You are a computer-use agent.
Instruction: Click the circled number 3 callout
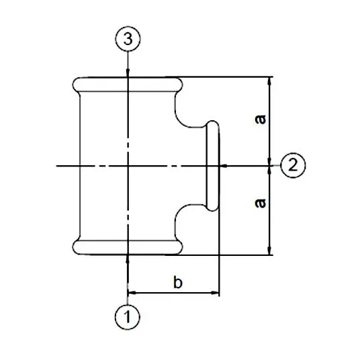point(128,39)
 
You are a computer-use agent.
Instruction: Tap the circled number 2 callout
point(294,165)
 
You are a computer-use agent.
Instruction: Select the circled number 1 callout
point(128,317)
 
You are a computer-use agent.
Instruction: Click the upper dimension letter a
point(261,119)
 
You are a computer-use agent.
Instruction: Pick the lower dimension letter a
point(261,204)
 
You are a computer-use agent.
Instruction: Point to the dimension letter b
point(178,282)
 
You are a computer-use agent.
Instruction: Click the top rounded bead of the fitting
point(128,85)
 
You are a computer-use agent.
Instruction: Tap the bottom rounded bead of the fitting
point(128,247)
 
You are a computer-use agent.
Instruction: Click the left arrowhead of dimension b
point(132,293)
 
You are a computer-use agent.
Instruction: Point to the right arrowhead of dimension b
point(215,293)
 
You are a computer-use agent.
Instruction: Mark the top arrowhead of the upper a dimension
point(270,81)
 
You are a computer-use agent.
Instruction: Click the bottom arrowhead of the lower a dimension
point(270,251)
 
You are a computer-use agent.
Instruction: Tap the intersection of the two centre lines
point(128,165)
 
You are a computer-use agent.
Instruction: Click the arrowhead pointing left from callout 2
point(224,165)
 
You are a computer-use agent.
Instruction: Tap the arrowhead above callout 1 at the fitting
point(128,259)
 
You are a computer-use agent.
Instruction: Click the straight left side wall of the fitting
point(80,166)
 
